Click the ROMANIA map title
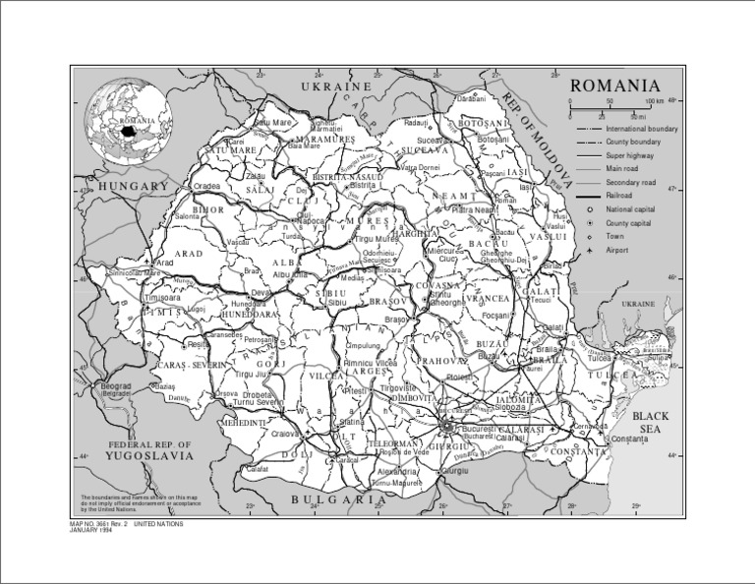[x=615, y=86]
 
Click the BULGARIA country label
[x=338, y=500]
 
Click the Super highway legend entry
[x=628, y=156]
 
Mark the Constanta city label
[x=630, y=438]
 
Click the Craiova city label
[x=284, y=433]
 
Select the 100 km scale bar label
[x=654, y=101]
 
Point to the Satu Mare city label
[x=276, y=122]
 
